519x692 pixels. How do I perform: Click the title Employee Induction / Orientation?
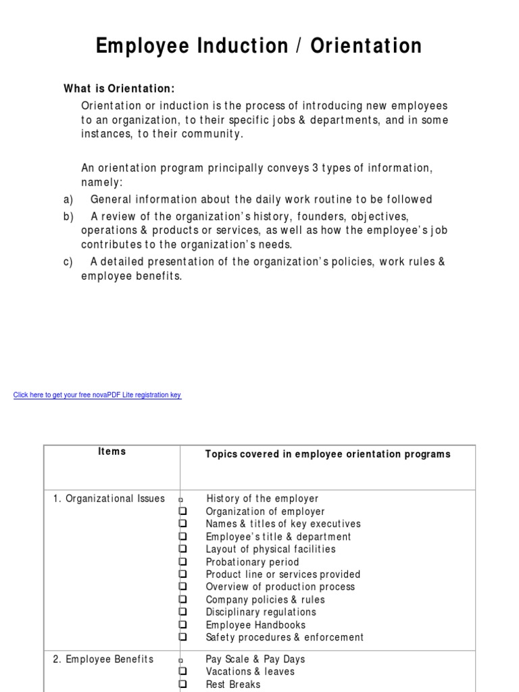[x=259, y=47]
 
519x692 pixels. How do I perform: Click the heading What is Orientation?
[x=119, y=89]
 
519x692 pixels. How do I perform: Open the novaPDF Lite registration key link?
[x=97, y=395]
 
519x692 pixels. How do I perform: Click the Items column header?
[x=112, y=451]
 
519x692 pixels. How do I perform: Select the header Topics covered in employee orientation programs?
[x=328, y=454]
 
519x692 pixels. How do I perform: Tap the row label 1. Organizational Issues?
[x=109, y=499]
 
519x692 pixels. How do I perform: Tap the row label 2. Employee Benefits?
[x=103, y=659]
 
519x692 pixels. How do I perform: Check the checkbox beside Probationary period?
[x=182, y=562]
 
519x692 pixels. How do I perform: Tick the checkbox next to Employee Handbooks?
[x=182, y=624]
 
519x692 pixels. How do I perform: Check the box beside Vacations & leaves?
[x=182, y=672]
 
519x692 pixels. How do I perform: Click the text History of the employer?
[x=262, y=499]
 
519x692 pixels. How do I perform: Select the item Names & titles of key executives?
[x=283, y=524]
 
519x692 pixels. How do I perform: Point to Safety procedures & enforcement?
[x=285, y=637]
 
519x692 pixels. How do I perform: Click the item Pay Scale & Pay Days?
[x=255, y=659]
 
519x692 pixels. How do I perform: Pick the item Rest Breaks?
[x=233, y=684]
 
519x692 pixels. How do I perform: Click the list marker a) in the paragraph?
[x=68, y=199]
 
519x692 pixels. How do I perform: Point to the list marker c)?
[x=68, y=262]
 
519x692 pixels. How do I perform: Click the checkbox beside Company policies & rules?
[x=182, y=599]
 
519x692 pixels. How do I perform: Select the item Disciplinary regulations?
[x=261, y=612]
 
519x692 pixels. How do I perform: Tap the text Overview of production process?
[x=280, y=587]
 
